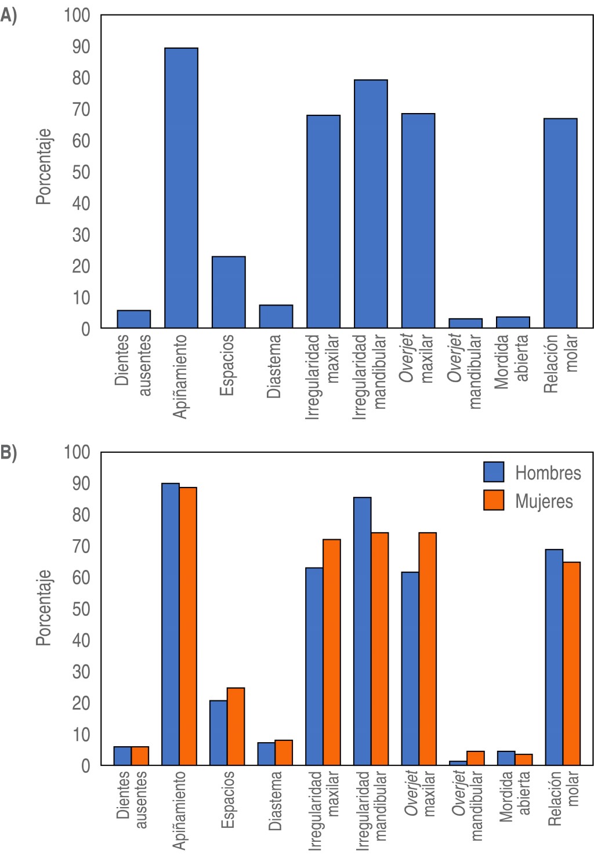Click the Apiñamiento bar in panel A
click(x=181, y=188)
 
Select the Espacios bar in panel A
click(x=229, y=292)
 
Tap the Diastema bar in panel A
click(x=276, y=317)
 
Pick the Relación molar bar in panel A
click(x=560, y=223)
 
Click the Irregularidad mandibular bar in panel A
click(x=371, y=204)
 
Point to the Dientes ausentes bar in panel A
click(x=134, y=319)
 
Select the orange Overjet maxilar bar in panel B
click(x=428, y=649)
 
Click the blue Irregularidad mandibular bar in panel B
click(x=363, y=631)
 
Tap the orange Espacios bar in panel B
click(x=236, y=726)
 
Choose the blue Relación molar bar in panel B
click(x=554, y=657)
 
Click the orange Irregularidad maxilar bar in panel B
click(x=332, y=652)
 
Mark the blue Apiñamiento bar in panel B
click(x=171, y=624)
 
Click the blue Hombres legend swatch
click(x=494, y=472)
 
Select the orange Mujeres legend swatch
click(x=494, y=500)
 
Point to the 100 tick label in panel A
click(x=77, y=15)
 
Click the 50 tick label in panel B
click(x=81, y=609)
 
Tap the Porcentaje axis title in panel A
click(x=44, y=167)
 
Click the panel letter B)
click(x=9, y=453)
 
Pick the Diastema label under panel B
click(x=276, y=800)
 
